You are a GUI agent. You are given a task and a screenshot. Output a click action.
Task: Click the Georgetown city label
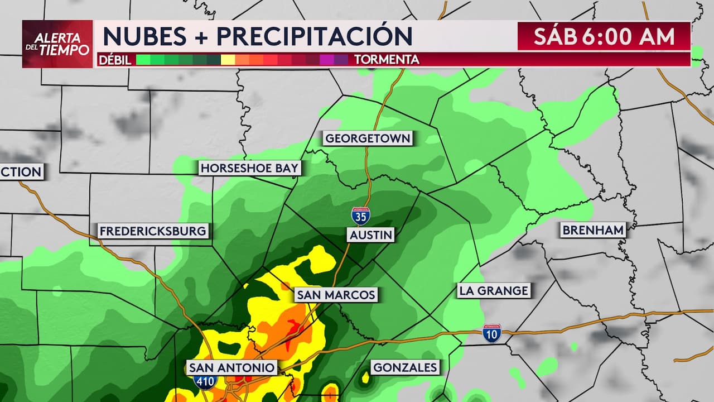[368, 138]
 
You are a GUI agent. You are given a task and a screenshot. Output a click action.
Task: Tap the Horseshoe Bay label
[250, 168]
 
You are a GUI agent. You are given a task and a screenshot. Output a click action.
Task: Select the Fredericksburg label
[153, 231]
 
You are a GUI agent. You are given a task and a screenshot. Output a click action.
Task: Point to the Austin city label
[371, 235]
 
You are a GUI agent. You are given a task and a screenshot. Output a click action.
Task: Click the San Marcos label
[336, 295]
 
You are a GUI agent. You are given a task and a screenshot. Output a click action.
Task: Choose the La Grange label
[493, 290]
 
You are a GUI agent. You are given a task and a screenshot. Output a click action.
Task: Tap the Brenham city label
[593, 229]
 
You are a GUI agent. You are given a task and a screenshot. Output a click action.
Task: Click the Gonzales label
[405, 367]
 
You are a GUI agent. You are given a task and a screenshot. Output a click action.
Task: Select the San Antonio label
[231, 367]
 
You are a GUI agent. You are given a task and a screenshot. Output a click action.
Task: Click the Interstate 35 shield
[360, 216]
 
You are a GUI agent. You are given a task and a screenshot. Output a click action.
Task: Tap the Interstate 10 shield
[492, 333]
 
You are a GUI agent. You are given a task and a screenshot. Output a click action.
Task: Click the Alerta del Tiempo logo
[57, 44]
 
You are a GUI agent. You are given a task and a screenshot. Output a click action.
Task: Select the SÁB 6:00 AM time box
[604, 37]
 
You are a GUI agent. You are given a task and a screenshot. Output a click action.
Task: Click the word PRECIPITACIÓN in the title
[315, 36]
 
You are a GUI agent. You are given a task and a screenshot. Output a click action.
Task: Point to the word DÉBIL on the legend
[114, 60]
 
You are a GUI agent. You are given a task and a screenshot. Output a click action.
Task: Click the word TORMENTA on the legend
[387, 60]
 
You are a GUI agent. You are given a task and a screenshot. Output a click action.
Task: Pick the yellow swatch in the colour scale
[228, 60]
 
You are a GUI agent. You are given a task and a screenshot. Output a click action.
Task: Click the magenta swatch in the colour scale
[327, 60]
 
